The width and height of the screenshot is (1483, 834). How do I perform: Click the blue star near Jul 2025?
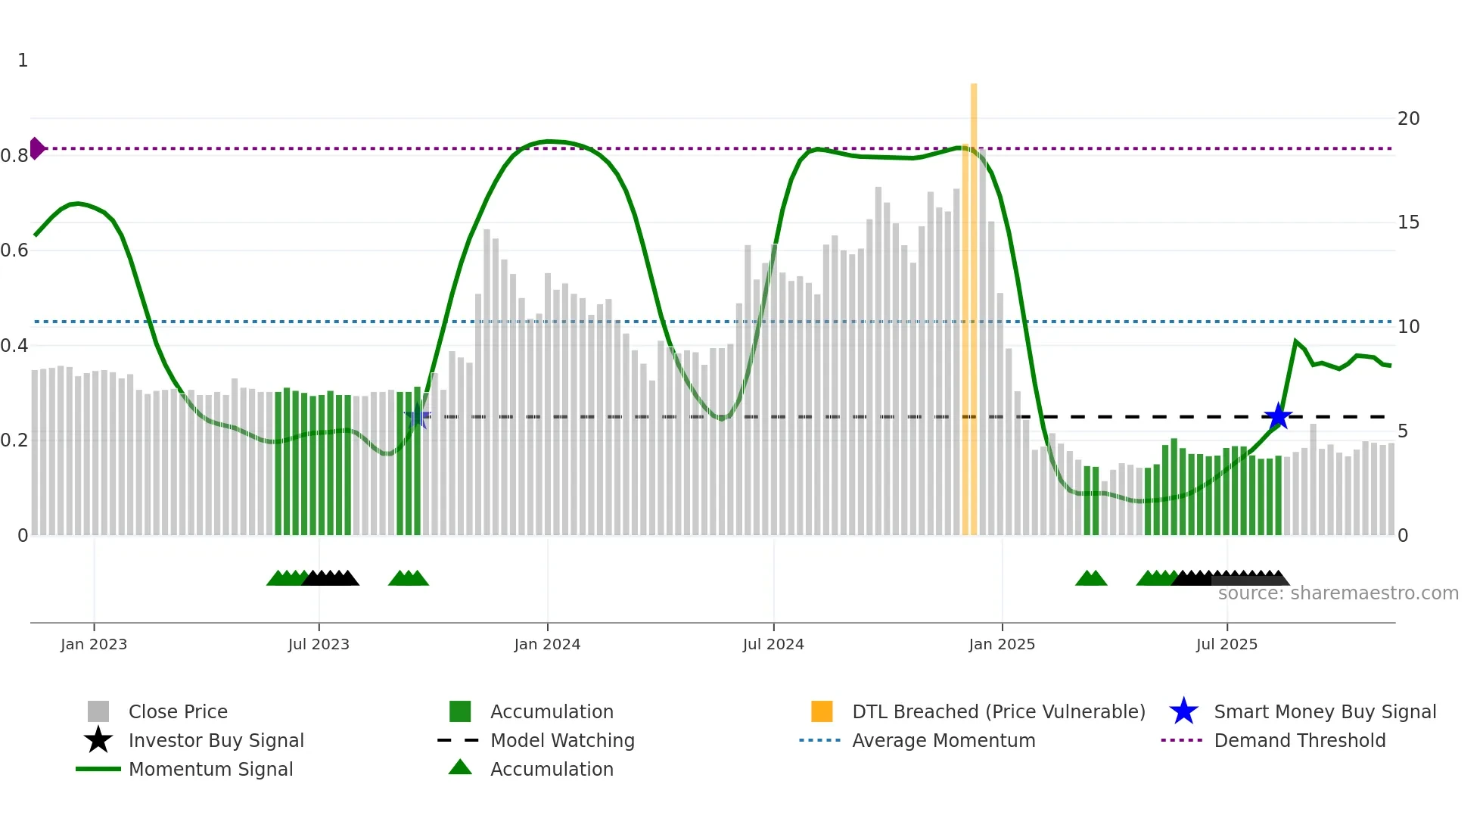[x=1278, y=416]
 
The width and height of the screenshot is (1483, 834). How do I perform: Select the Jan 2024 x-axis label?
[x=547, y=645]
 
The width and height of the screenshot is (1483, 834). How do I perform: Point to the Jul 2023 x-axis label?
[x=319, y=645]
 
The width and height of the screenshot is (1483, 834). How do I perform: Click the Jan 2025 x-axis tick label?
[x=1002, y=645]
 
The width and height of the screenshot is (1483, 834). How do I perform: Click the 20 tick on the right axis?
[x=1408, y=119]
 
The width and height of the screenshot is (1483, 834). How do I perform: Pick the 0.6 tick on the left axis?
[x=15, y=251]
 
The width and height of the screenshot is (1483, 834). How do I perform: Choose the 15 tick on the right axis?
[x=1408, y=223]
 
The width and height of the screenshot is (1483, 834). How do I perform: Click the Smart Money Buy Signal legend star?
[x=1183, y=711]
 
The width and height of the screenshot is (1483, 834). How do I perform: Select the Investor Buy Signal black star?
[x=98, y=740]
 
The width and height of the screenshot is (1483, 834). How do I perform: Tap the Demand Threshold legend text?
[x=1299, y=740]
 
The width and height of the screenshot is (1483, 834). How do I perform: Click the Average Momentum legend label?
[x=943, y=740]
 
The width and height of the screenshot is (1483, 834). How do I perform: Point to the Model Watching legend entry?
[x=562, y=740]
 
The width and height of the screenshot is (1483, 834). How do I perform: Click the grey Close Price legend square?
[x=98, y=711]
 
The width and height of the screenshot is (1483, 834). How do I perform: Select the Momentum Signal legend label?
[x=210, y=769]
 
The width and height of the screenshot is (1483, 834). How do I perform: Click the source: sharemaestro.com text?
[x=1338, y=593]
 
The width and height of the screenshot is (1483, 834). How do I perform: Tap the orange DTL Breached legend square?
[x=822, y=711]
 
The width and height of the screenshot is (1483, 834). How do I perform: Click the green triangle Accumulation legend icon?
[x=460, y=767]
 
